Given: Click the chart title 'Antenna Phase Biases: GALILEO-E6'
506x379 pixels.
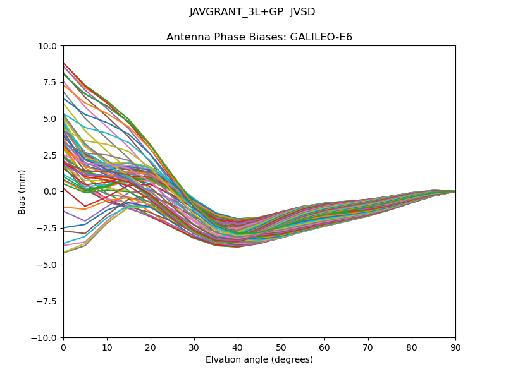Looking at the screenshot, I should (x=259, y=37).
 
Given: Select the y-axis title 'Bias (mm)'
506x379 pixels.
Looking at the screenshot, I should (x=22, y=191).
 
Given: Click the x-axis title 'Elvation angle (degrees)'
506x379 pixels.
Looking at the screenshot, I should (x=259, y=360).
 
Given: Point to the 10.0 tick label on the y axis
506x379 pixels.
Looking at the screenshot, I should (x=47, y=46).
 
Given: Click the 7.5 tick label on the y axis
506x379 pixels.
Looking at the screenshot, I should (x=50, y=82).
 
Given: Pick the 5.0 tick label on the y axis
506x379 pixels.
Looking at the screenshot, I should (x=50, y=119).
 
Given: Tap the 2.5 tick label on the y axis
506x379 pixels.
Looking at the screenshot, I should (x=50, y=155).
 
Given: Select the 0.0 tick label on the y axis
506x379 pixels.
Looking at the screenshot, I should (x=50, y=191).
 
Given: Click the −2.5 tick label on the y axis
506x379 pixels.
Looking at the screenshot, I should (x=47, y=228).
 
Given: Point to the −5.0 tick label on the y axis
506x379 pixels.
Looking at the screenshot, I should (x=47, y=265).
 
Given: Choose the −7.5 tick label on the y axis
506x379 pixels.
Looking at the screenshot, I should (x=47, y=301).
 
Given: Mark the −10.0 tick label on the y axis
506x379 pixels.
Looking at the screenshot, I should (x=44, y=338).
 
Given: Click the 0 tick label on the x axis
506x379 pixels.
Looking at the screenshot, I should (x=63, y=348).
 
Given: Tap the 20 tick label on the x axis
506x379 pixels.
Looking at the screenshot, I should (x=151, y=348).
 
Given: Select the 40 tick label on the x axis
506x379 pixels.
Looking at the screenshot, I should (x=238, y=348).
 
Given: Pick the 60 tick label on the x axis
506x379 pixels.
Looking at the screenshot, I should (x=324, y=348).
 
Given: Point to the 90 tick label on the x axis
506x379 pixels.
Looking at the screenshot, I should (x=455, y=348).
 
